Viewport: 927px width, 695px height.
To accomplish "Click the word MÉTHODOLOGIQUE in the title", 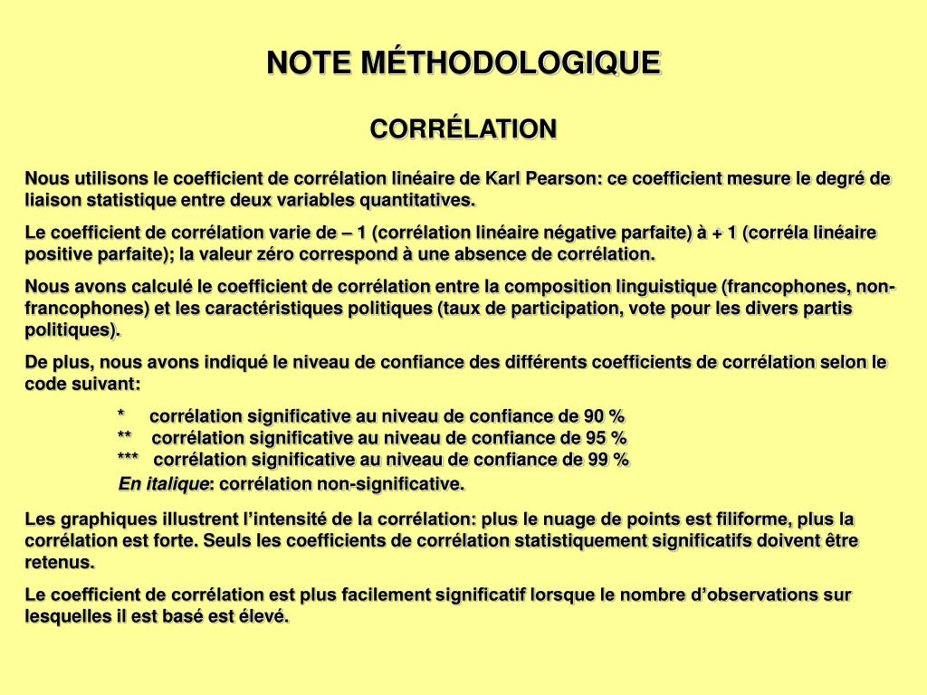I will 511,62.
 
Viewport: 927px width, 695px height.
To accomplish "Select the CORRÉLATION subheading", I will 463,129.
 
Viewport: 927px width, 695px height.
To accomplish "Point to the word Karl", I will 503,178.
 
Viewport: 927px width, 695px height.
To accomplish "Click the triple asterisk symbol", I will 129,460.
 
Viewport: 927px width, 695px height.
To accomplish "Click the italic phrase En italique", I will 164,485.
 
